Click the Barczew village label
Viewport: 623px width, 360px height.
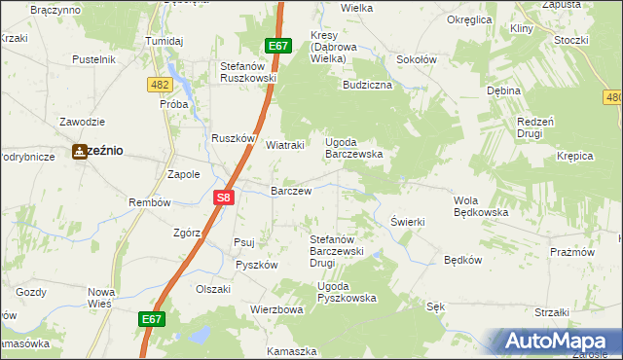tap(291, 192)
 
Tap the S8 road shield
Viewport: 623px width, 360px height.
tap(224, 198)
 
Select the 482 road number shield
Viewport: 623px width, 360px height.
tap(161, 86)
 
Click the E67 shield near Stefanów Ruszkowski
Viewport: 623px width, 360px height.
tap(278, 46)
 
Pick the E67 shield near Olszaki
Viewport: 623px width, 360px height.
tap(151, 318)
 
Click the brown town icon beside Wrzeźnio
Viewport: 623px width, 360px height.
tap(79, 152)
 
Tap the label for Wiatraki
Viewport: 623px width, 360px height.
tap(286, 145)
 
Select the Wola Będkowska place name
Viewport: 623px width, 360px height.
tap(482, 205)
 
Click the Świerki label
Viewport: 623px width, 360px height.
tap(408, 222)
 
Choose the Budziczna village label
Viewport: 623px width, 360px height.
tap(367, 85)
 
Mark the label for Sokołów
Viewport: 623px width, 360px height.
tap(416, 59)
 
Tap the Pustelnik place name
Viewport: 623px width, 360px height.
tap(94, 59)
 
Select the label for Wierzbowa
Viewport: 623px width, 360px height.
tap(277, 309)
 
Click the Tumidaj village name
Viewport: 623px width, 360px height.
tap(165, 41)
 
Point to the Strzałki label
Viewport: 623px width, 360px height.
tap(552, 312)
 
